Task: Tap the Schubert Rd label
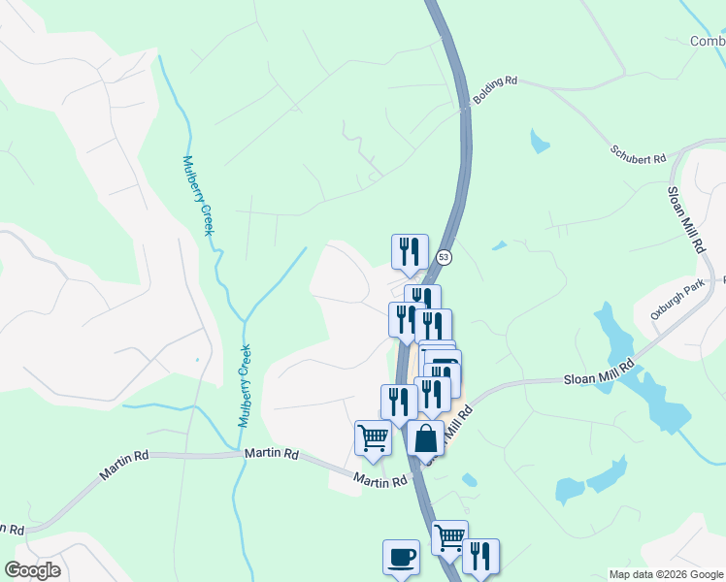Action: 638,154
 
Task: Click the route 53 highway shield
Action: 444,257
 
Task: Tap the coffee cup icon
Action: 401,558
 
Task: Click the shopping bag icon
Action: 425,438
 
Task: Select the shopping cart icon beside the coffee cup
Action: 449,536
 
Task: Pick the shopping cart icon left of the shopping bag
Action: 373,438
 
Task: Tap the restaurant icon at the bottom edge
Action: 479,557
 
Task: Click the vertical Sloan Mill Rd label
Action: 684,221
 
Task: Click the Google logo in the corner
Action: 32,570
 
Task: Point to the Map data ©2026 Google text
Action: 665,574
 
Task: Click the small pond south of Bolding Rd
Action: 539,142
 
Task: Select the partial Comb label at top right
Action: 708,41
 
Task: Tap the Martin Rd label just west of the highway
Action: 379,480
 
